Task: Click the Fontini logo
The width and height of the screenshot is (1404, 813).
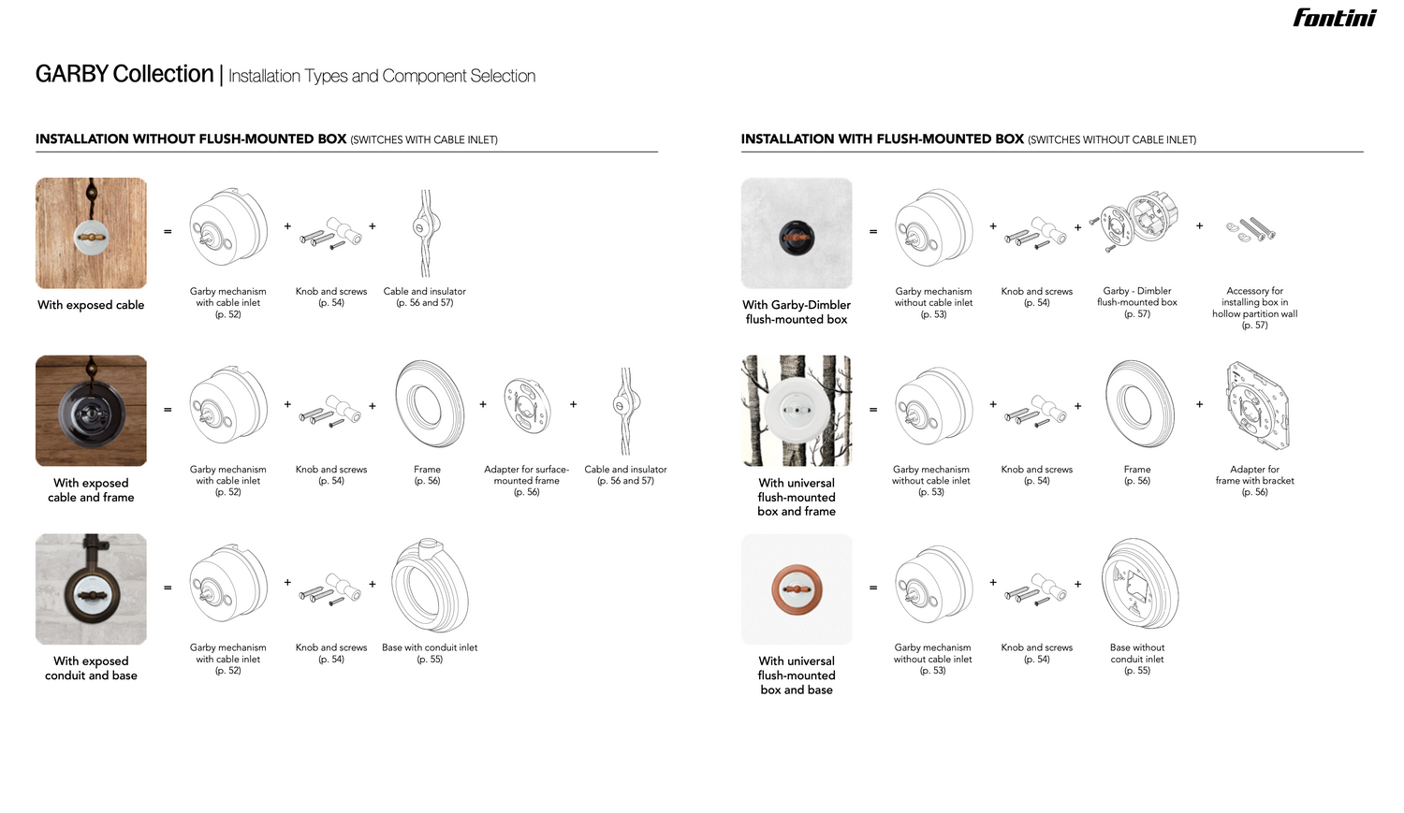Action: [x=1334, y=18]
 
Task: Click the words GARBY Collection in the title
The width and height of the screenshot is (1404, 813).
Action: [x=124, y=74]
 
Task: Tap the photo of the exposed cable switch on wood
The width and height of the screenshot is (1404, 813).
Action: [x=91, y=233]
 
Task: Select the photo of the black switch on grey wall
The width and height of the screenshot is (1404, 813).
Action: [x=797, y=233]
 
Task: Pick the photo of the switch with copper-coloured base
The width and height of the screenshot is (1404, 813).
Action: [x=797, y=589]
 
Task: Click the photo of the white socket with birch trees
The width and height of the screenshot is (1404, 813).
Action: [x=797, y=411]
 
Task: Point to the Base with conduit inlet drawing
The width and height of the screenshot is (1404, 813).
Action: [x=430, y=587]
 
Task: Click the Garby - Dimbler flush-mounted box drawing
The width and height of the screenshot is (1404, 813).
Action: [x=1138, y=223]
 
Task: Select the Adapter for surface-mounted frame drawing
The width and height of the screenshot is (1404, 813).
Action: [x=526, y=405]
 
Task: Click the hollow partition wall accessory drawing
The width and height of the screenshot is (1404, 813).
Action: [x=1251, y=229]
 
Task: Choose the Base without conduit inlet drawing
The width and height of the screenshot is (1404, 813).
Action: [x=1138, y=585]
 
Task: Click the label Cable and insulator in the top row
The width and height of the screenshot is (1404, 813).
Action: [x=424, y=291]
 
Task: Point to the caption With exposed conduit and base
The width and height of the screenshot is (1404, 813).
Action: [x=91, y=668]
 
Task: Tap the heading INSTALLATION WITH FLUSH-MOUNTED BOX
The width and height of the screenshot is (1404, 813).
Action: [x=882, y=138]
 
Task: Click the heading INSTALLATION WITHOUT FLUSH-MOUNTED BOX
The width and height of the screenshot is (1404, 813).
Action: [x=191, y=138]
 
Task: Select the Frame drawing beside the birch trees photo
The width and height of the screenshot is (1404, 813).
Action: [x=1138, y=404]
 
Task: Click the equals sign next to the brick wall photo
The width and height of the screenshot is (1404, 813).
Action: [x=168, y=588]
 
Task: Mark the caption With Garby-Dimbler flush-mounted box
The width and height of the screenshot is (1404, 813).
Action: [x=797, y=312]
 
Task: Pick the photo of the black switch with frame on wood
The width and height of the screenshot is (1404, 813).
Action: [x=91, y=411]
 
